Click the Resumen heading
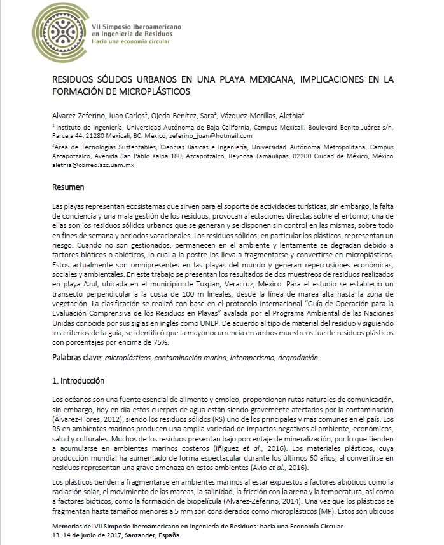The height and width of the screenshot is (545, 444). [x=69, y=187]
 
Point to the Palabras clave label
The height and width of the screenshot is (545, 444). [x=76, y=358]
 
